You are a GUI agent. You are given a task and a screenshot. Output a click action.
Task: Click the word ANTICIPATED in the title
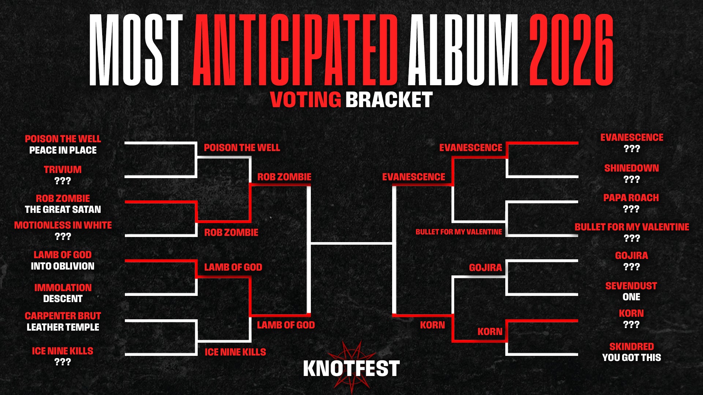pyautogui.click(x=295, y=50)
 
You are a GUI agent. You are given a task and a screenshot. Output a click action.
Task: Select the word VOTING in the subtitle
pyautogui.click(x=306, y=99)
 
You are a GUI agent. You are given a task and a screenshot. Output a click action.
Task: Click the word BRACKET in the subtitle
pyautogui.click(x=389, y=99)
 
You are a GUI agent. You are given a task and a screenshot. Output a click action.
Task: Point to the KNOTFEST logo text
pyautogui.click(x=351, y=368)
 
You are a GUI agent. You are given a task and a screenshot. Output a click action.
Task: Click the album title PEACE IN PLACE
pyautogui.click(x=63, y=150)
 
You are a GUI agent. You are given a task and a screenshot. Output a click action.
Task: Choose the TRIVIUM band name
pyautogui.click(x=63, y=170)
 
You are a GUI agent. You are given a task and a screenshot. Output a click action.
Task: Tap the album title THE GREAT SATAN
pyautogui.click(x=63, y=210)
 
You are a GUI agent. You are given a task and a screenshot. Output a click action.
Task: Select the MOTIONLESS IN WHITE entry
pyautogui.click(x=63, y=225)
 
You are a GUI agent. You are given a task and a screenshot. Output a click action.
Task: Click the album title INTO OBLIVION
pyautogui.click(x=63, y=266)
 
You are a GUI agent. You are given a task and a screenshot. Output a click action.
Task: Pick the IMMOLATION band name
pyautogui.click(x=63, y=288)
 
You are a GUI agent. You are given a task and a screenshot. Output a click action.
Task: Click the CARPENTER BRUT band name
pyautogui.click(x=63, y=316)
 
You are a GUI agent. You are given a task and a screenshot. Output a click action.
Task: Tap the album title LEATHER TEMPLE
pyautogui.click(x=63, y=327)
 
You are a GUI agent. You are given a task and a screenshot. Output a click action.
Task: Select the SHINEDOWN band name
pyautogui.click(x=632, y=168)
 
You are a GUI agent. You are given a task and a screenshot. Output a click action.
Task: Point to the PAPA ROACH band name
pyautogui.click(x=631, y=198)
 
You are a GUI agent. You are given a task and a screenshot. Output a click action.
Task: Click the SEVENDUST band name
pyautogui.click(x=631, y=286)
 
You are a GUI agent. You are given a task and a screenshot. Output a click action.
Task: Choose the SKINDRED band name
pyautogui.click(x=632, y=347)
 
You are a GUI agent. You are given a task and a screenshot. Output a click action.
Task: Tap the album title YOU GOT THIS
pyautogui.click(x=632, y=358)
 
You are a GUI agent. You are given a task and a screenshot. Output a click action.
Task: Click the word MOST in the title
pyautogui.click(x=136, y=50)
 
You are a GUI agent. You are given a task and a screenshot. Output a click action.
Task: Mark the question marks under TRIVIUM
pyautogui.click(x=63, y=181)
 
